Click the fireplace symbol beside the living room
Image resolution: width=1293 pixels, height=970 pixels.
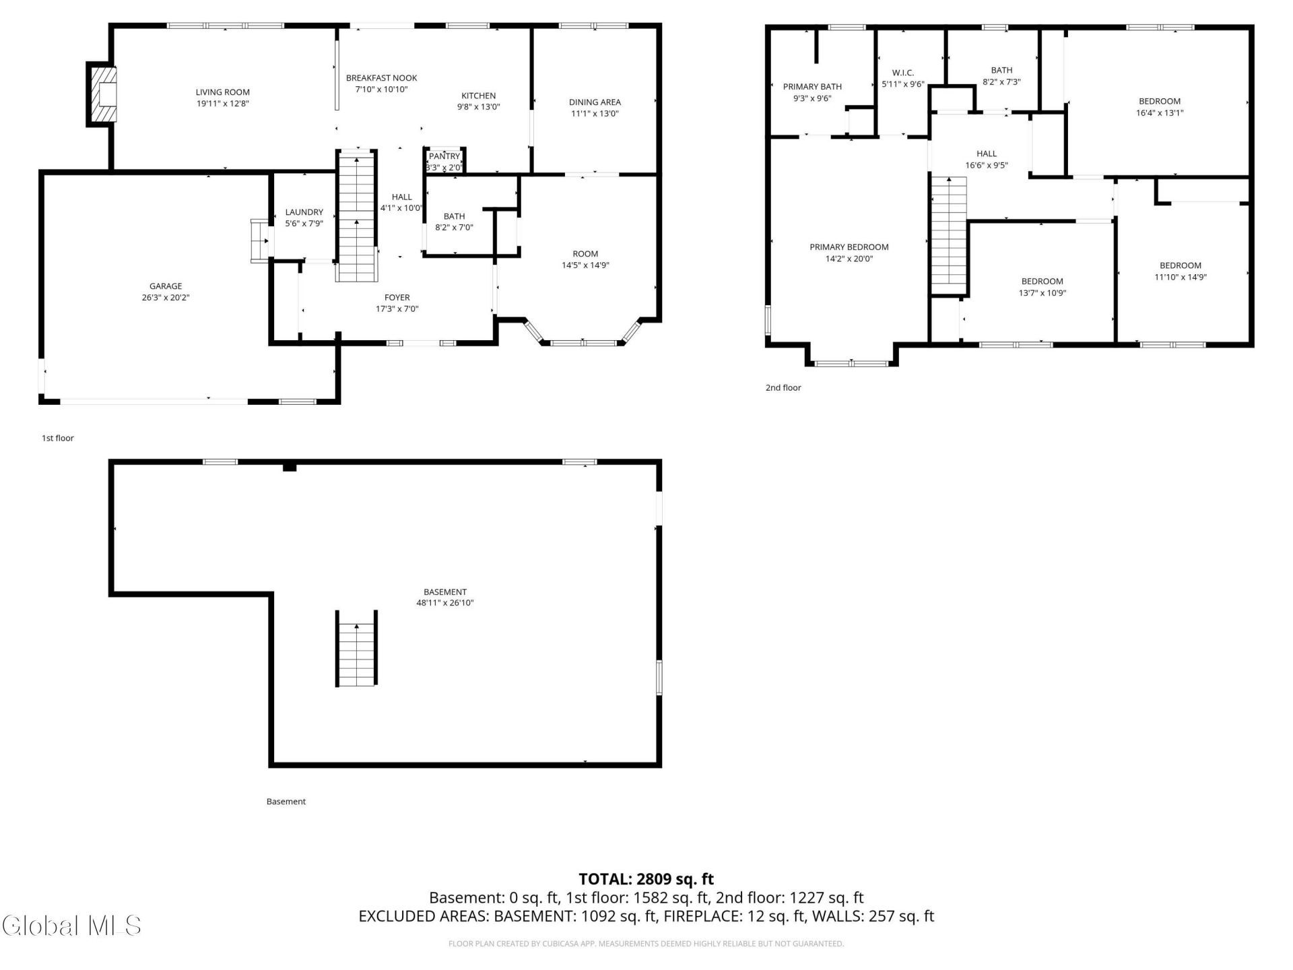click(x=101, y=94)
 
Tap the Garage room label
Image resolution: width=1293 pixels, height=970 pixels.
click(x=166, y=286)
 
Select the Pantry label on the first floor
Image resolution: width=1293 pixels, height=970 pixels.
click(x=444, y=156)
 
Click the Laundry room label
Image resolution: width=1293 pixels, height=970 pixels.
click(x=304, y=212)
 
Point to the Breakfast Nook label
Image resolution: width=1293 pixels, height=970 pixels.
click(x=382, y=78)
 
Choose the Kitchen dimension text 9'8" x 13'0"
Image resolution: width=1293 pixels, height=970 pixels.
click(x=479, y=106)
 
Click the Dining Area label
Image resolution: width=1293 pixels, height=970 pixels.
click(x=595, y=102)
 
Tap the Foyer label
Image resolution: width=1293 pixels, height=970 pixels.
click(x=397, y=298)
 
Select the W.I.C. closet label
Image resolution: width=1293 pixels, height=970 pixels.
click(x=903, y=73)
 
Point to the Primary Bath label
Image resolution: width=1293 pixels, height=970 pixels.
click(x=812, y=87)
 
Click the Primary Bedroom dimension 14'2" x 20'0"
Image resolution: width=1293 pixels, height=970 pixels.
click(x=849, y=259)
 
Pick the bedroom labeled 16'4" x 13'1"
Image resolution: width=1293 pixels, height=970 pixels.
click(x=1160, y=102)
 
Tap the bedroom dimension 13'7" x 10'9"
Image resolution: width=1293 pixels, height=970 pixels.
click(x=1042, y=293)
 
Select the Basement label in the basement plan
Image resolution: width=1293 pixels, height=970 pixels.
click(x=445, y=593)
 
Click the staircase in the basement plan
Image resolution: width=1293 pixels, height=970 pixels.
click(x=356, y=649)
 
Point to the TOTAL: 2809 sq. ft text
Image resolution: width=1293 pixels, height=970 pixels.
click(x=646, y=879)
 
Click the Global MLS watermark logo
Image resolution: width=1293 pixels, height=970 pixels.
click(x=71, y=926)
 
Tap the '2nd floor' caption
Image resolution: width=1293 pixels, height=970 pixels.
click(x=783, y=388)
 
